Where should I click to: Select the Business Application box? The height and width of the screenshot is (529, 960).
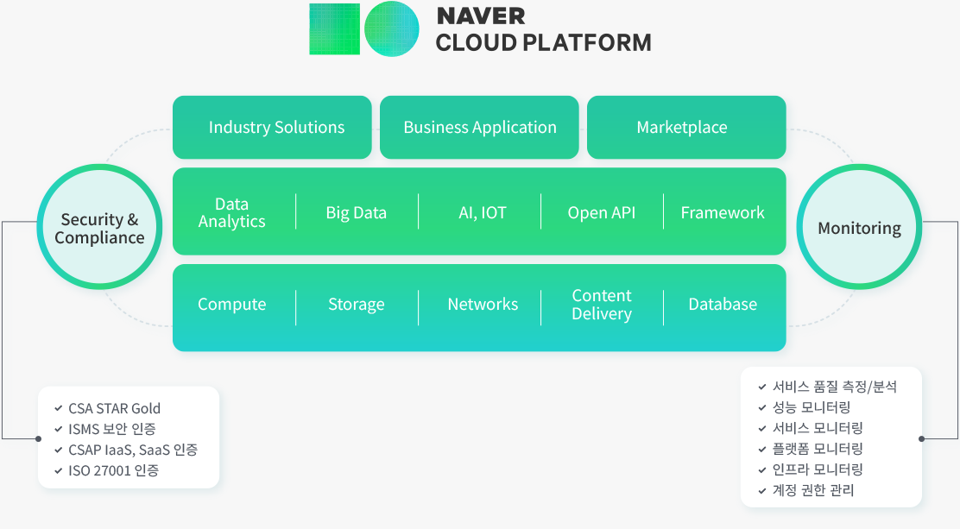point(479,128)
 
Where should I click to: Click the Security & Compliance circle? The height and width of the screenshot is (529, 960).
point(99,228)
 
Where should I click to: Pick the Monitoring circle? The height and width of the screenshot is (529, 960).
point(859,228)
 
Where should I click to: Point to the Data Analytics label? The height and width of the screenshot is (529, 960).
point(231,212)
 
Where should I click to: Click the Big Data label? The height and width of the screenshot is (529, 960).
point(356,212)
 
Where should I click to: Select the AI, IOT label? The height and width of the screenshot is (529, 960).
point(482,212)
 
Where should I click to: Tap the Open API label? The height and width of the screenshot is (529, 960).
point(601,212)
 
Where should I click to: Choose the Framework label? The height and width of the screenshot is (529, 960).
point(723,212)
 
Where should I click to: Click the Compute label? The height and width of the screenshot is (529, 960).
point(231,304)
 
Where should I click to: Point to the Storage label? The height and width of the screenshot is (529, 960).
point(356,304)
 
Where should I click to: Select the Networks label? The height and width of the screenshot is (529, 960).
point(483,304)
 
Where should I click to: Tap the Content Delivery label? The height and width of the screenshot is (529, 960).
point(601,304)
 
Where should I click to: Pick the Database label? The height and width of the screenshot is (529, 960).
point(723,304)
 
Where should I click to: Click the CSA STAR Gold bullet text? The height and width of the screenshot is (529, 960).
point(114,408)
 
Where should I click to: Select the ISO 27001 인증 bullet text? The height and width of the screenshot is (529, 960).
point(113,470)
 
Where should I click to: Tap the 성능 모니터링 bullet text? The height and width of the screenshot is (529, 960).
point(811,407)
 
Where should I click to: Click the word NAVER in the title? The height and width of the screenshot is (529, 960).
point(481,16)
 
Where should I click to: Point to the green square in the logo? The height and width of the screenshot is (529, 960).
point(334,29)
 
